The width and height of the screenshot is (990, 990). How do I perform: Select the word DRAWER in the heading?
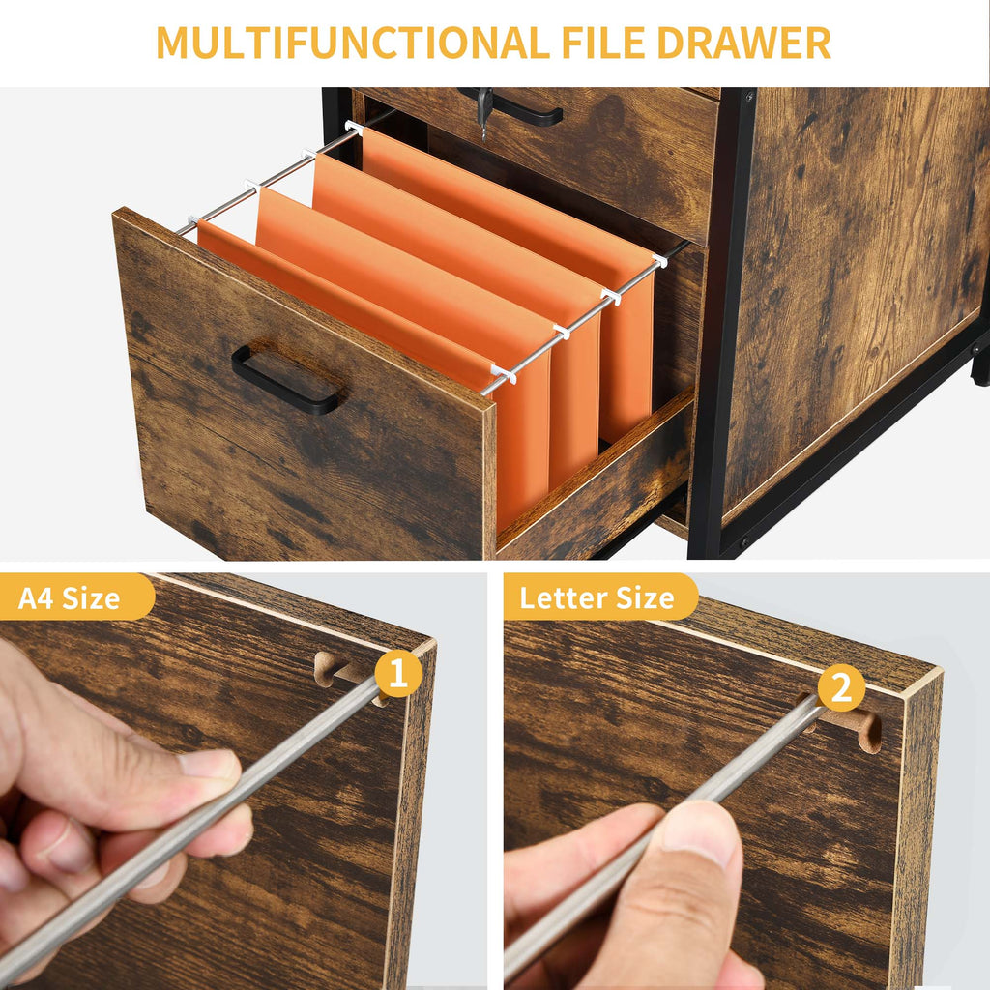743,43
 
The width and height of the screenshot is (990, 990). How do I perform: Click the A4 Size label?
70,597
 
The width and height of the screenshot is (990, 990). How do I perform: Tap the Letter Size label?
597,597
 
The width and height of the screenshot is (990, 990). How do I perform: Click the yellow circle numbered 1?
398,674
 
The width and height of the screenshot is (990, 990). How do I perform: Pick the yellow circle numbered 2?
842,687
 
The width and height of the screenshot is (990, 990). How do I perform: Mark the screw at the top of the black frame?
749,98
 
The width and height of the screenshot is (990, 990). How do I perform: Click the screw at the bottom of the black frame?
744,542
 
